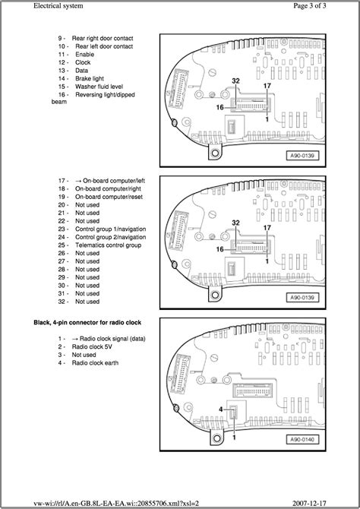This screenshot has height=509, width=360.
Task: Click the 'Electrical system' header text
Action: pyautogui.click(x=58, y=5)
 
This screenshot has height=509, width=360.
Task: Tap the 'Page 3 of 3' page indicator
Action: pyautogui.click(x=310, y=5)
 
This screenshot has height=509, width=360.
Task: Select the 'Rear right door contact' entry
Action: pyautogui.click(x=103, y=38)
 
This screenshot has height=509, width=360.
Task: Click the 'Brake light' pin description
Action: pyautogui.click(x=90, y=78)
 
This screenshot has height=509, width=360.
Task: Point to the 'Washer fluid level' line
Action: pyautogui.click(x=99, y=87)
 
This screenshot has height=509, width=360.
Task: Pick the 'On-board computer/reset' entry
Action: pyautogui.click(x=109, y=197)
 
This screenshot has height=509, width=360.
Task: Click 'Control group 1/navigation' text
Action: pyautogui.click(x=110, y=229)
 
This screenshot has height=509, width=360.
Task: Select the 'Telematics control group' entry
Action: pyautogui.click(x=108, y=245)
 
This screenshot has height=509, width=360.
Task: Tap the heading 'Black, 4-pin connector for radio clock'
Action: pyautogui.click(x=87, y=322)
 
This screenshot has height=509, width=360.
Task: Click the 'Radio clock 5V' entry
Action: pyautogui.click(x=92, y=346)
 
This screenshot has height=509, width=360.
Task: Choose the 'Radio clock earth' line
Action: pyautogui.click(x=95, y=362)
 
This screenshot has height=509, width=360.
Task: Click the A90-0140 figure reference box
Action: pyautogui.click(x=302, y=440)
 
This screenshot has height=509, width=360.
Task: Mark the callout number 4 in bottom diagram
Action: pyautogui.click(x=221, y=409)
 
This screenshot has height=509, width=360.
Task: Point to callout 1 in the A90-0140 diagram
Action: pyautogui.click(x=234, y=438)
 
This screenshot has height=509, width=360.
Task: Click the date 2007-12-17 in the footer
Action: pyautogui.click(x=309, y=503)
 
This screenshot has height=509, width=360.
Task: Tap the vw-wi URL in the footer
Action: pyautogui.click(x=116, y=503)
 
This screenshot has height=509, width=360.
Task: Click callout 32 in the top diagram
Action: pyautogui.click(x=236, y=81)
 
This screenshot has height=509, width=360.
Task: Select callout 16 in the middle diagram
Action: pyautogui.click(x=219, y=249)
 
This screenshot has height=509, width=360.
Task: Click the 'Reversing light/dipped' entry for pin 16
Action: pyautogui.click(x=105, y=95)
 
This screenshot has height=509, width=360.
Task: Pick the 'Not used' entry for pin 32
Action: pyautogui.click(x=87, y=302)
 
